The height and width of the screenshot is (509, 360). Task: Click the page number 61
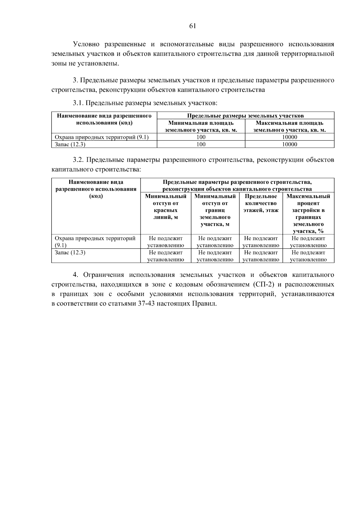point(193,26)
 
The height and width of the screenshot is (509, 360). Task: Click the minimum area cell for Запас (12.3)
point(201,144)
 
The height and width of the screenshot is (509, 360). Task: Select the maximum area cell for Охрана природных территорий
point(289,137)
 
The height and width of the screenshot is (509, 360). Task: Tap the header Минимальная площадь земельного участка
point(201,127)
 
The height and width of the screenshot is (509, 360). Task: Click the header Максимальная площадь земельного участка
point(289,127)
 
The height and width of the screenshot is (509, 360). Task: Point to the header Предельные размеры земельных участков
point(245,116)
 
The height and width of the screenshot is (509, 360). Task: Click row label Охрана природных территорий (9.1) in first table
point(102,137)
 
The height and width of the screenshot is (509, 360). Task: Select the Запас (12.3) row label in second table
point(70,253)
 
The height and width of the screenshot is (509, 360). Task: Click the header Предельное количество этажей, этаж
point(261,203)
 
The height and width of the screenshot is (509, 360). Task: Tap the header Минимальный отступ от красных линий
point(166,207)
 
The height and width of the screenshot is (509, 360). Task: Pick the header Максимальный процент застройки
point(308,214)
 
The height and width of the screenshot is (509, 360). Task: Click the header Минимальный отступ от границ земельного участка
point(215,210)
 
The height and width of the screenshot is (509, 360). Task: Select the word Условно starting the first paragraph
point(86,44)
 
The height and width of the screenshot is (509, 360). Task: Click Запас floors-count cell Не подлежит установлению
point(261,256)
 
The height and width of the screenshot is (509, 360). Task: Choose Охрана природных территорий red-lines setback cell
point(166,242)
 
